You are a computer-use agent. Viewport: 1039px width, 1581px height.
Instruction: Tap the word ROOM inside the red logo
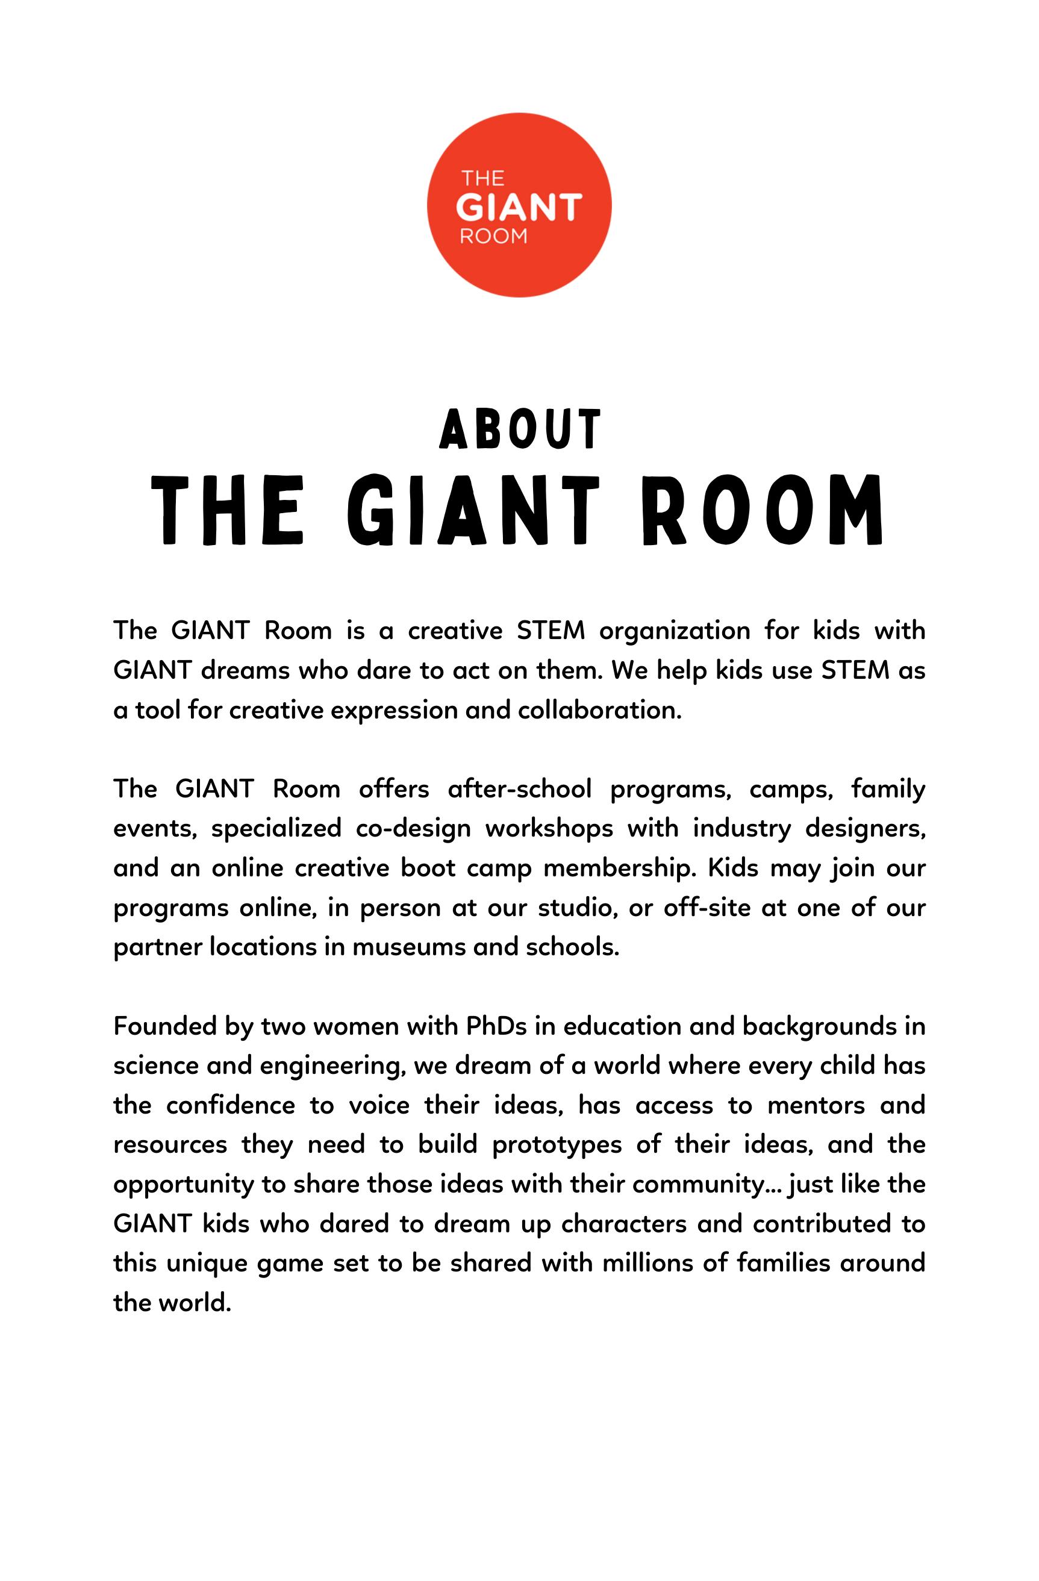coord(493,237)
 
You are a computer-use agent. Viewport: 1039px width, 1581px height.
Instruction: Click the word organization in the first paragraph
coord(673,631)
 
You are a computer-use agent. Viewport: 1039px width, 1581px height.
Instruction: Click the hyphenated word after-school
coord(519,789)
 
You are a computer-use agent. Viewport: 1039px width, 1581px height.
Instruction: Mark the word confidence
coord(230,1105)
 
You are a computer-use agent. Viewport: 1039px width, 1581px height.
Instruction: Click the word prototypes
coord(557,1145)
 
